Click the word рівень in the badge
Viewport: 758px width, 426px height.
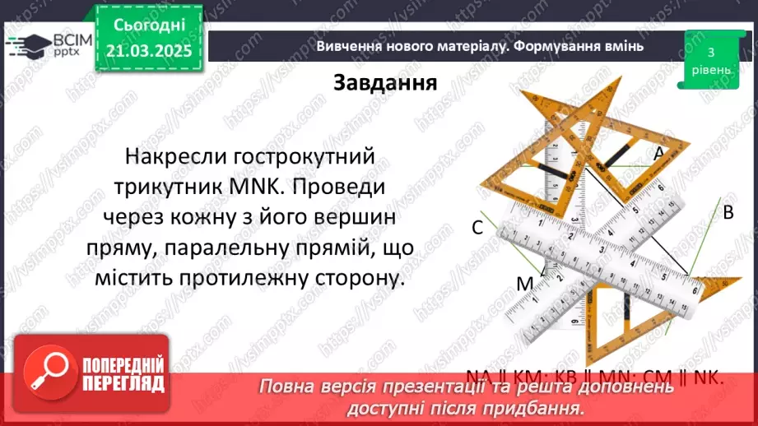709,70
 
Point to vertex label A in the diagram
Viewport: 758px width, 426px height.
658,152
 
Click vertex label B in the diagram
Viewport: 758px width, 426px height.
728,212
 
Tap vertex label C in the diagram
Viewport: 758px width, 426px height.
477,229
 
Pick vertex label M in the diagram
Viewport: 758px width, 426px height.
525,284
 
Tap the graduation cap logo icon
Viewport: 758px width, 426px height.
28,44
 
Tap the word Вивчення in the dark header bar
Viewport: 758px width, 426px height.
347,46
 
